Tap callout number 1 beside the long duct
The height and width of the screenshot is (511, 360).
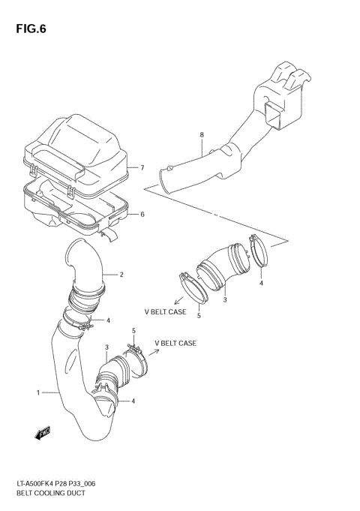pyautogui.click(x=38, y=392)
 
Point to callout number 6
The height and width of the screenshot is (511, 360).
pyautogui.click(x=142, y=215)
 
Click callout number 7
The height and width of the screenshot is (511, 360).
pyautogui.click(x=142, y=167)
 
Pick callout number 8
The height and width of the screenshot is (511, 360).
pyautogui.click(x=202, y=134)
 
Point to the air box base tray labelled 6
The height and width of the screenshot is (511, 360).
pyautogui.click(x=75, y=206)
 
